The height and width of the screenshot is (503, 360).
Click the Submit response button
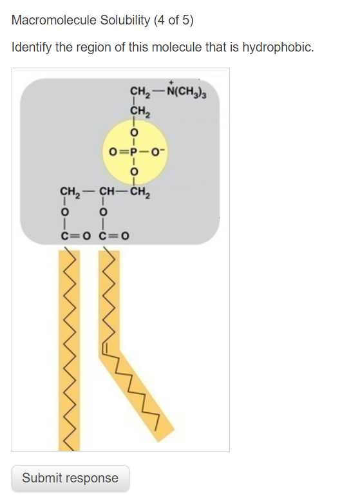(x=70, y=478)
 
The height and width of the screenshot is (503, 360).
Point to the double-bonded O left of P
(x=113, y=152)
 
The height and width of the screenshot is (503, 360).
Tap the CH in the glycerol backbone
(x=107, y=191)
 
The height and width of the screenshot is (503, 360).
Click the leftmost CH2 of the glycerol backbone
(x=70, y=192)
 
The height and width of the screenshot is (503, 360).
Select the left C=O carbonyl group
(x=76, y=236)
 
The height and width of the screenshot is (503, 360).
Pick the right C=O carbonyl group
(x=114, y=236)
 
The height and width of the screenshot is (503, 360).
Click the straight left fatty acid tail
(x=70, y=350)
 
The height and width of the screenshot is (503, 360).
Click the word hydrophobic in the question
(x=278, y=48)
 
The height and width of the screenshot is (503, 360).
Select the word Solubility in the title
(x=125, y=20)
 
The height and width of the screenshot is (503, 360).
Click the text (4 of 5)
(x=174, y=20)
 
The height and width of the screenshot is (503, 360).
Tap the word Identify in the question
(x=32, y=48)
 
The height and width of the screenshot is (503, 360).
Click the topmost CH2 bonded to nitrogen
(x=140, y=91)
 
